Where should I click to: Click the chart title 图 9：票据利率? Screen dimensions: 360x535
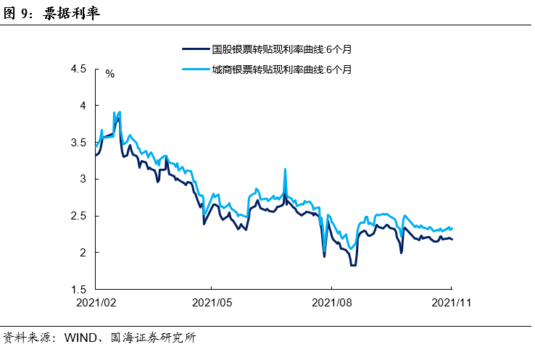52,13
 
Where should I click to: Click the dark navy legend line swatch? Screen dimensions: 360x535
194,50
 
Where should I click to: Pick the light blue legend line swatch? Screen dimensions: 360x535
194,70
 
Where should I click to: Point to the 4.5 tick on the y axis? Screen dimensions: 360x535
78,70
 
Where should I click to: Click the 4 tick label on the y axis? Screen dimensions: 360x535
82,106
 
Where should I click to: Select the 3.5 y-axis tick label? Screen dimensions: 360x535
78,143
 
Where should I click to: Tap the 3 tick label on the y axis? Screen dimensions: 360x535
82,179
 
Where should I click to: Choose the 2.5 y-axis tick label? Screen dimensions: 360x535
78,216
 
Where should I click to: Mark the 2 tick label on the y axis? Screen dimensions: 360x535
82,253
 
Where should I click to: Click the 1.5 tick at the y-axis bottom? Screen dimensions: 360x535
78,289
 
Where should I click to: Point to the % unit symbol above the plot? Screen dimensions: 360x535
110,74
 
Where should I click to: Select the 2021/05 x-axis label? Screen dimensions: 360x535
212,303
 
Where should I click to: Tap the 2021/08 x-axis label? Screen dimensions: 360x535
331,303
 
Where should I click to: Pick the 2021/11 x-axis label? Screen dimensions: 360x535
451,303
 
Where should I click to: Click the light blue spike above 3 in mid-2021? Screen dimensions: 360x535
285,169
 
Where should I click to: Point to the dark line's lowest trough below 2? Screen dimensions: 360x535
353,265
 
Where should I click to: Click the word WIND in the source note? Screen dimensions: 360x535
79,338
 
